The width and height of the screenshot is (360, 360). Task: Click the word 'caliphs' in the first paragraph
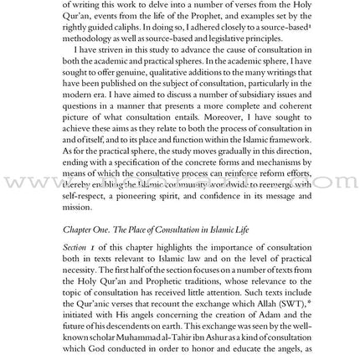point(113,26)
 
